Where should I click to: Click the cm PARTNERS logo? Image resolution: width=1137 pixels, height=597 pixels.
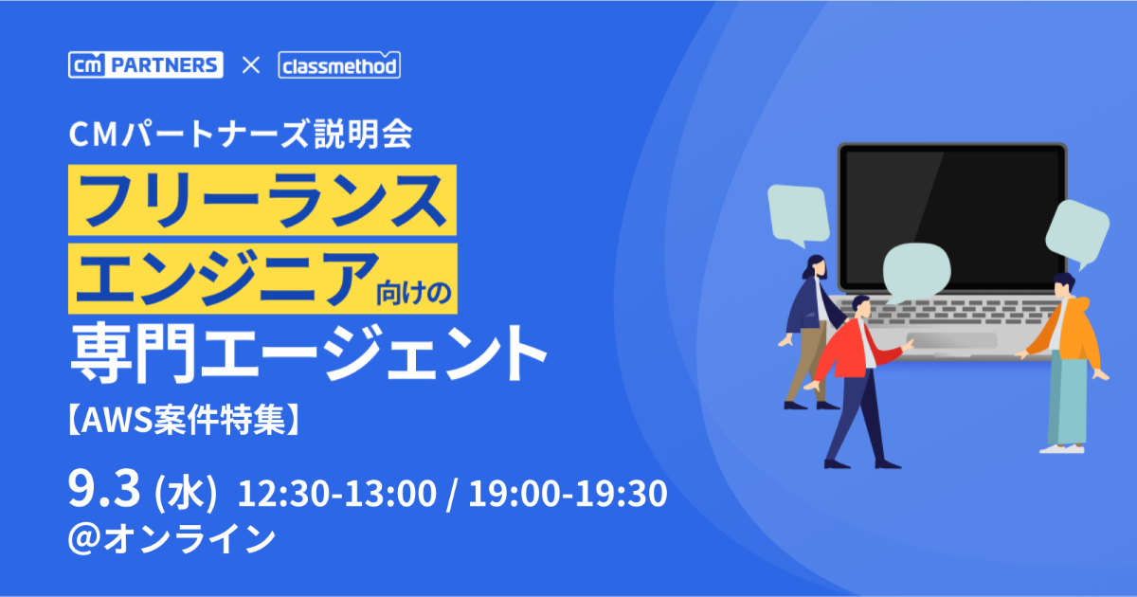tap(146, 65)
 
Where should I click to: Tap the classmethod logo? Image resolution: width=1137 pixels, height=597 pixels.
tap(339, 65)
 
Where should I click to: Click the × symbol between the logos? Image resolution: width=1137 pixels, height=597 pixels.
tap(251, 65)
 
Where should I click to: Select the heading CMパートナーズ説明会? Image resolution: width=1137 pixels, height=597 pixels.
tap(240, 135)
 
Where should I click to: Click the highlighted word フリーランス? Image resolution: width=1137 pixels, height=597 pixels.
tap(262, 200)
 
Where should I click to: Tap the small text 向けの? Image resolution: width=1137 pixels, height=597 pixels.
tap(414, 293)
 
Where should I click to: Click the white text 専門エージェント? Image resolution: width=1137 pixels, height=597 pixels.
tap(308, 353)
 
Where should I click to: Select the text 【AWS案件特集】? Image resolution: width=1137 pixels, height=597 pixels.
tap(183, 420)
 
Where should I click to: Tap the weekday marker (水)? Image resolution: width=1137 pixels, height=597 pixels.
tap(186, 493)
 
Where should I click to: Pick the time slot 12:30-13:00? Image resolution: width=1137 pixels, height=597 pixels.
tap(337, 494)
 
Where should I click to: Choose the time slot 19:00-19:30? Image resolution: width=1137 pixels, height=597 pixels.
tap(568, 494)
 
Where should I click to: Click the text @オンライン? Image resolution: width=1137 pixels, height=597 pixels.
tap(171, 538)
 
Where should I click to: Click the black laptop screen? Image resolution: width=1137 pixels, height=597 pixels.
tap(951, 218)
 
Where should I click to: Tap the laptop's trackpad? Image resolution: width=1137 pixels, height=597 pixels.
tap(951, 340)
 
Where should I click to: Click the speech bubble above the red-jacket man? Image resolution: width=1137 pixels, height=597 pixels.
tap(917, 272)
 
